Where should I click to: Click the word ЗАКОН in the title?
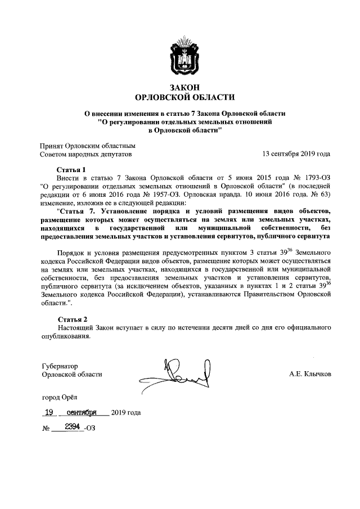[180, 86]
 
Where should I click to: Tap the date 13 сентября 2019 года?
[296, 153]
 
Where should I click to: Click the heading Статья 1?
[71, 169]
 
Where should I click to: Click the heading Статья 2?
[72, 319]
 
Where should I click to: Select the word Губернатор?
[59, 365]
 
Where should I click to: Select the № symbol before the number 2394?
[46, 429]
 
